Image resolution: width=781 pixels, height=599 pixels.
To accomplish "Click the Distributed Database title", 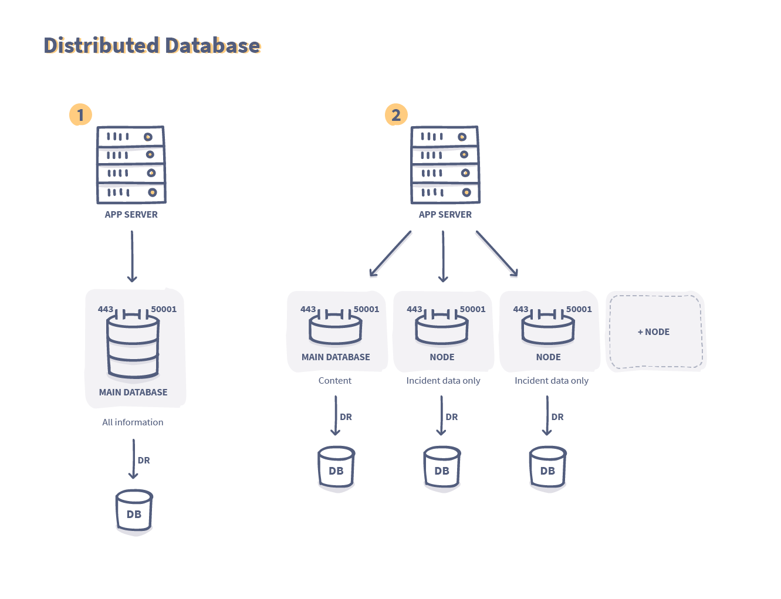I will [152, 46].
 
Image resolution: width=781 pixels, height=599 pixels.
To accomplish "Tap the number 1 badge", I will [80, 114].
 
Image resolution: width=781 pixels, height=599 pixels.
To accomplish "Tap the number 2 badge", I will [396, 115].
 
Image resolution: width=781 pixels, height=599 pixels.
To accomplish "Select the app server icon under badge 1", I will [131, 164].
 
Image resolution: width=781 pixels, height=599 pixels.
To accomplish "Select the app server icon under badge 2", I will [445, 164].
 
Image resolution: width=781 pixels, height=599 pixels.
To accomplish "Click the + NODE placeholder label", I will [654, 332].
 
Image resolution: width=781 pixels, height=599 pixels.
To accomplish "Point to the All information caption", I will [133, 422].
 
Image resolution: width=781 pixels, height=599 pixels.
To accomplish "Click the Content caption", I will [335, 381].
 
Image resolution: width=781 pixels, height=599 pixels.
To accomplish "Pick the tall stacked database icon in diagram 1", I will [133, 346].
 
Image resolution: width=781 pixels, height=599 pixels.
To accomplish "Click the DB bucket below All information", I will [134, 512].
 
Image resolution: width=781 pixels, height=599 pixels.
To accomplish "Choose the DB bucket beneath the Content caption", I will [336, 469].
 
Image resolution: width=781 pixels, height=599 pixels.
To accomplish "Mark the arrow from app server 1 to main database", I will [132, 256].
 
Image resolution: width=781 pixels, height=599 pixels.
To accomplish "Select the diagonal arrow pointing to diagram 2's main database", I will [390, 253].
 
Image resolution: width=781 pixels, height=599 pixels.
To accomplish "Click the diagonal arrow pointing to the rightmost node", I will [496, 253].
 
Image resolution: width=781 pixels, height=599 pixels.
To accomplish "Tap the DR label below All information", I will [144, 461].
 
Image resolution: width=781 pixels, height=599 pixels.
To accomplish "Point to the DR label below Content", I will [346, 417].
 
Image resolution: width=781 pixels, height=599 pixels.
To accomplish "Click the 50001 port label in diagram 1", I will [164, 309].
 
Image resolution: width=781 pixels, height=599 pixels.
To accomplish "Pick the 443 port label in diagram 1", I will [106, 309].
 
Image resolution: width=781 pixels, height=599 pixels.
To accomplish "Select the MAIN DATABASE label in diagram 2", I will [336, 357].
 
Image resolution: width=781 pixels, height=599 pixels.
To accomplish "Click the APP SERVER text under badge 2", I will [445, 215].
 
